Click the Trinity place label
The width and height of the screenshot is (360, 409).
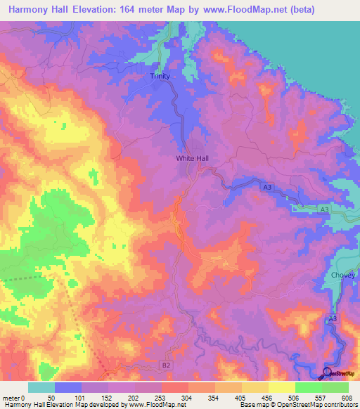160,77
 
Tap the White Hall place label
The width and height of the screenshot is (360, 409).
192,159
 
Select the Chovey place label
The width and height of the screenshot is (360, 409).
343,275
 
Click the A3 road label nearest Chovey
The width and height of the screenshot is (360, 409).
333,320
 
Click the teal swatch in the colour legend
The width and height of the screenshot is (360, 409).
41,387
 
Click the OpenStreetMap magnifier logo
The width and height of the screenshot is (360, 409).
328,373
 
